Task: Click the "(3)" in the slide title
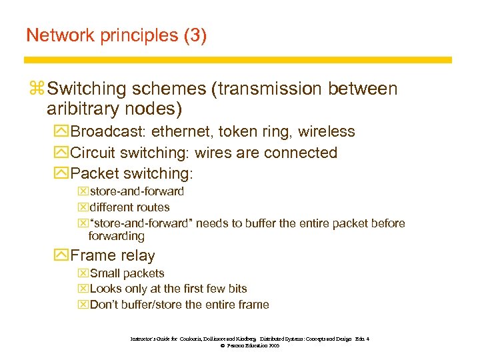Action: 193,35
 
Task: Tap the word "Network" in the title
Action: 59,35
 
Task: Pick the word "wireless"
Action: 326,132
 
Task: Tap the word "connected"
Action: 301,153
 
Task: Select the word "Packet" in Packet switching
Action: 93,173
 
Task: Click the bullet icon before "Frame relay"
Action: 62,256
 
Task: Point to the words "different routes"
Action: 129,207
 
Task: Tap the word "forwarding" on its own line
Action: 116,236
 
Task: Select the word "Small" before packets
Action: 103,273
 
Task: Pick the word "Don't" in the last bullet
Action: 104,305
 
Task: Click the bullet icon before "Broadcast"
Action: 62,132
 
